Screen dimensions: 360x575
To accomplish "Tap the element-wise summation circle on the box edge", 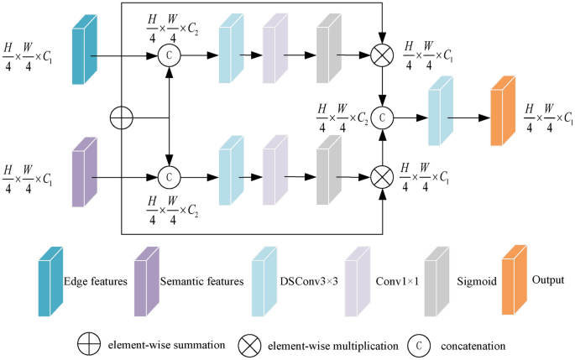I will [123, 118].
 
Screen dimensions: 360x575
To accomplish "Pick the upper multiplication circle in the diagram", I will [384, 57].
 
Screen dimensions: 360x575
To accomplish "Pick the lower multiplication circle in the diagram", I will [384, 178].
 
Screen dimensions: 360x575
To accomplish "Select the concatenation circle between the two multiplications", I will [384, 117].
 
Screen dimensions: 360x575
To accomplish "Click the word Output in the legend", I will [549, 279].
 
